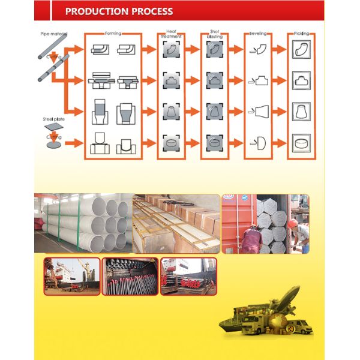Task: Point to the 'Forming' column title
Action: pyautogui.click(x=113, y=34)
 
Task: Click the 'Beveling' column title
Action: pyautogui.click(x=258, y=34)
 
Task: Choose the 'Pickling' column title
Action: pyautogui.click(x=302, y=34)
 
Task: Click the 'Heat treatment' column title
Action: pyautogui.click(x=170, y=35)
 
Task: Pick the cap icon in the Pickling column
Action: pyautogui.click(x=301, y=143)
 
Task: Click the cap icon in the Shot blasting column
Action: pyautogui.click(x=214, y=143)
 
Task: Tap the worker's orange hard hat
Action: pyautogui.click(x=292, y=224)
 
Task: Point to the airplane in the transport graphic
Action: pyautogui.click(x=287, y=298)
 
